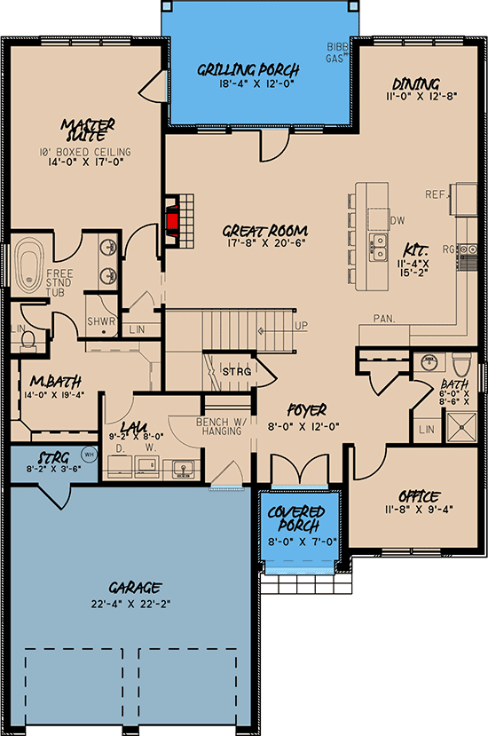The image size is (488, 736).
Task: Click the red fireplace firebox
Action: pos(172,221)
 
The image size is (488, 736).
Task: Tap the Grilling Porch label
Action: pos(248,70)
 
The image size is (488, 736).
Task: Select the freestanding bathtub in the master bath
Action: pos(29,267)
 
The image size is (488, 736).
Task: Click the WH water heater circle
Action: pos(89,455)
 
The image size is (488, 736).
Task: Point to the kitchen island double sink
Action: pos(378,248)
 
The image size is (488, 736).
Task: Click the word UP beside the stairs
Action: pos(302,326)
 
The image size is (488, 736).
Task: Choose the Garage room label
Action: pos(135,587)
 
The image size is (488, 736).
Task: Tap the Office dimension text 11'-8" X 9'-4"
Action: pos(419,509)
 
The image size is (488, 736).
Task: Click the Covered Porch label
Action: pos(296,518)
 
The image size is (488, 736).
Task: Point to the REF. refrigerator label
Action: pos(437,194)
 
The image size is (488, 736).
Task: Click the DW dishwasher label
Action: pos(397,220)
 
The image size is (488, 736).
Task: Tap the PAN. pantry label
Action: pos(384,319)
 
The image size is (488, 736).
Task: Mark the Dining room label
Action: pos(416,84)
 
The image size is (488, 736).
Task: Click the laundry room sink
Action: pos(181,469)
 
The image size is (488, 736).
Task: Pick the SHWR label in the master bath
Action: pos(101,322)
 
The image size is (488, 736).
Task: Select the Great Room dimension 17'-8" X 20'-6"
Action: pos(264,243)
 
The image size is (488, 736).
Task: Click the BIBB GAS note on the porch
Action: pos(337,52)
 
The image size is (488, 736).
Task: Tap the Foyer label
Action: pos(307,411)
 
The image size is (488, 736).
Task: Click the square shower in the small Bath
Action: pos(461,427)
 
